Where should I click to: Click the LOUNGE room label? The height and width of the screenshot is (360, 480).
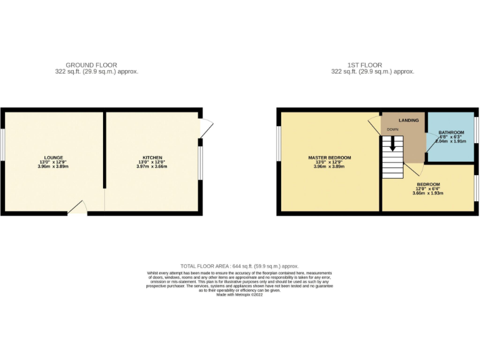tap(53, 157)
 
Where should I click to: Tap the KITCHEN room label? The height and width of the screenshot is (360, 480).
tap(152, 157)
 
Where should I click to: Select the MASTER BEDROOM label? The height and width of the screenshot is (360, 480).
tap(329, 157)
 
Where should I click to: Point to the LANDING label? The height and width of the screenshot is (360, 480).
tap(400, 119)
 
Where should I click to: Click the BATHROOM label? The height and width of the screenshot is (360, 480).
tap(451, 132)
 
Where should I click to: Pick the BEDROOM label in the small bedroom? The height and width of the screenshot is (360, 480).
tap(427, 184)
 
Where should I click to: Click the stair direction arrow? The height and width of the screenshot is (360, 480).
tap(393, 143)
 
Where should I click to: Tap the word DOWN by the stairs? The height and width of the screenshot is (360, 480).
tap(392, 129)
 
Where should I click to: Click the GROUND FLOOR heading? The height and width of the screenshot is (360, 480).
tap(91, 65)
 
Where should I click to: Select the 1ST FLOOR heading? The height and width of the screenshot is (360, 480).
tap(365, 65)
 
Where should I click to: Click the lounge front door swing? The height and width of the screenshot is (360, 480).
tap(78, 207)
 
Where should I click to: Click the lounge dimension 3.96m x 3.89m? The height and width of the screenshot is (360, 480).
tap(53, 167)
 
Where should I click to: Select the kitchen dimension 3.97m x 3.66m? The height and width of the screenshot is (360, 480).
tap(152, 167)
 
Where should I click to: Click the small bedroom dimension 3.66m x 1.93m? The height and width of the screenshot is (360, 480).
tap(427, 194)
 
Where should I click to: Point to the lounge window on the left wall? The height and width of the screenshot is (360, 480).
tap(3, 144)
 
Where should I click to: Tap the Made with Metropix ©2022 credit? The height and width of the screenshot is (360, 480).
tap(240, 294)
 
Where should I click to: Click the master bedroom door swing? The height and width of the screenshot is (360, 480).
tap(374, 121)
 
